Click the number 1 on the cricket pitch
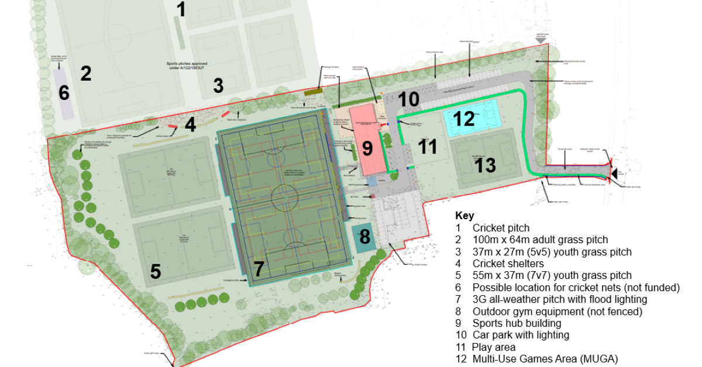point(181,10)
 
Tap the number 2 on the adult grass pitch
point(86,74)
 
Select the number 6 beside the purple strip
point(64,94)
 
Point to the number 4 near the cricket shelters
point(190,124)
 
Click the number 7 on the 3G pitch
point(259,269)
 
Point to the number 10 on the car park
point(409,99)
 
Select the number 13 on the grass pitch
point(485,165)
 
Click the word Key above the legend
point(464,216)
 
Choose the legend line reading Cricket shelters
point(508,264)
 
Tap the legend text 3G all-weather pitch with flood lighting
point(560,299)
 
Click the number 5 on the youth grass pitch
point(155,272)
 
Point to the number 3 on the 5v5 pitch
point(218,86)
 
